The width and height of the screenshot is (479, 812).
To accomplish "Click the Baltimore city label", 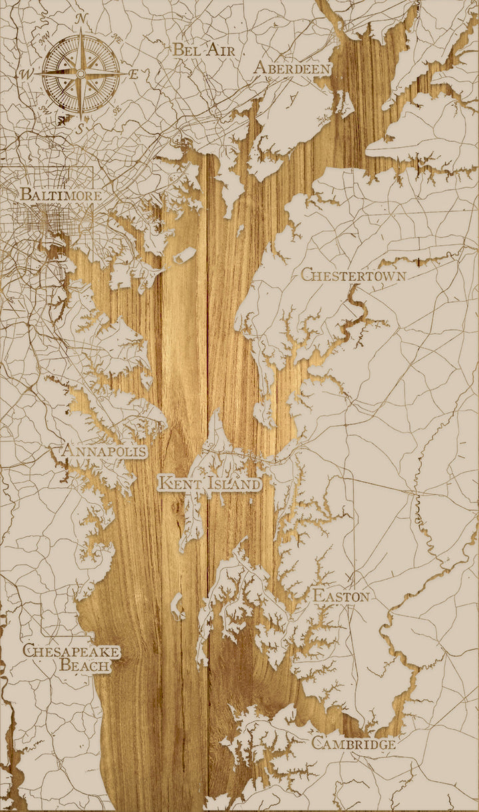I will click(61, 195).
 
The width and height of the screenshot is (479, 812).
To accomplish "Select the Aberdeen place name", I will click(292, 69).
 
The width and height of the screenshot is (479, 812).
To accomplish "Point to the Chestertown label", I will click(353, 274).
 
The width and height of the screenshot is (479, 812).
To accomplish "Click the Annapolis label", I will click(104, 451).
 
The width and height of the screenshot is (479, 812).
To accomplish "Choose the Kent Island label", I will click(210, 483).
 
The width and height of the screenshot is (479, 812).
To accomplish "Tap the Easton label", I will click(341, 596).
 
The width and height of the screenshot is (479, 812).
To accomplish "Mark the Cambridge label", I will click(353, 743).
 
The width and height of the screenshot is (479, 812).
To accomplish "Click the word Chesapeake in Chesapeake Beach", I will click(71, 650).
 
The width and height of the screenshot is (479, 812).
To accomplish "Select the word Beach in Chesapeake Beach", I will click(84, 664).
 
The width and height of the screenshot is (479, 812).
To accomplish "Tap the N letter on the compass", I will click(81, 19).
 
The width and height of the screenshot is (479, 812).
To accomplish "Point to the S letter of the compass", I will click(79, 130).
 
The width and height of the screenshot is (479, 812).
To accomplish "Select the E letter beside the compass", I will click(134, 74).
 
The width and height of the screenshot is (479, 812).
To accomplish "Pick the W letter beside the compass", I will click(28, 73).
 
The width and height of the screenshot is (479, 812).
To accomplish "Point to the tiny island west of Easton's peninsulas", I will click(178, 606).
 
